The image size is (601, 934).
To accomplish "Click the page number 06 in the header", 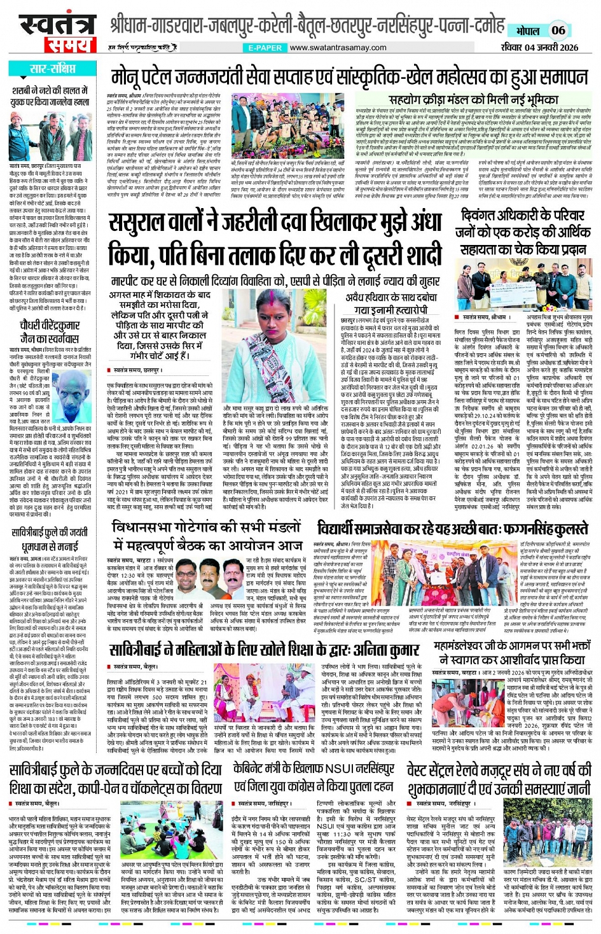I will tap(558, 30).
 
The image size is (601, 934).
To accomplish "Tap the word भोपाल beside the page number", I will tap(528, 31).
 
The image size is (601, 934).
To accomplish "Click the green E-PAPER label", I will tap(265, 48).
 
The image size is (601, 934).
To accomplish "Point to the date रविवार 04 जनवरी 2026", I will tap(539, 47).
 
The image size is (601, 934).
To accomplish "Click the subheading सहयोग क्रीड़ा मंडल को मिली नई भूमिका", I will tap(473, 101).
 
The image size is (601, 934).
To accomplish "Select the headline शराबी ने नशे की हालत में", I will tap(51, 96).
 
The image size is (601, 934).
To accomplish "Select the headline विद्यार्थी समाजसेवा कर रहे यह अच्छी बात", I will tap(452, 528).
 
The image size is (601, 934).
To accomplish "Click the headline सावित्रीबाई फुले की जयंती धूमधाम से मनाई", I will tap(50, 539).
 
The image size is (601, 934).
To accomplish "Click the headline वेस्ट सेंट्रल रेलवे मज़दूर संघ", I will tap(499, 777).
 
